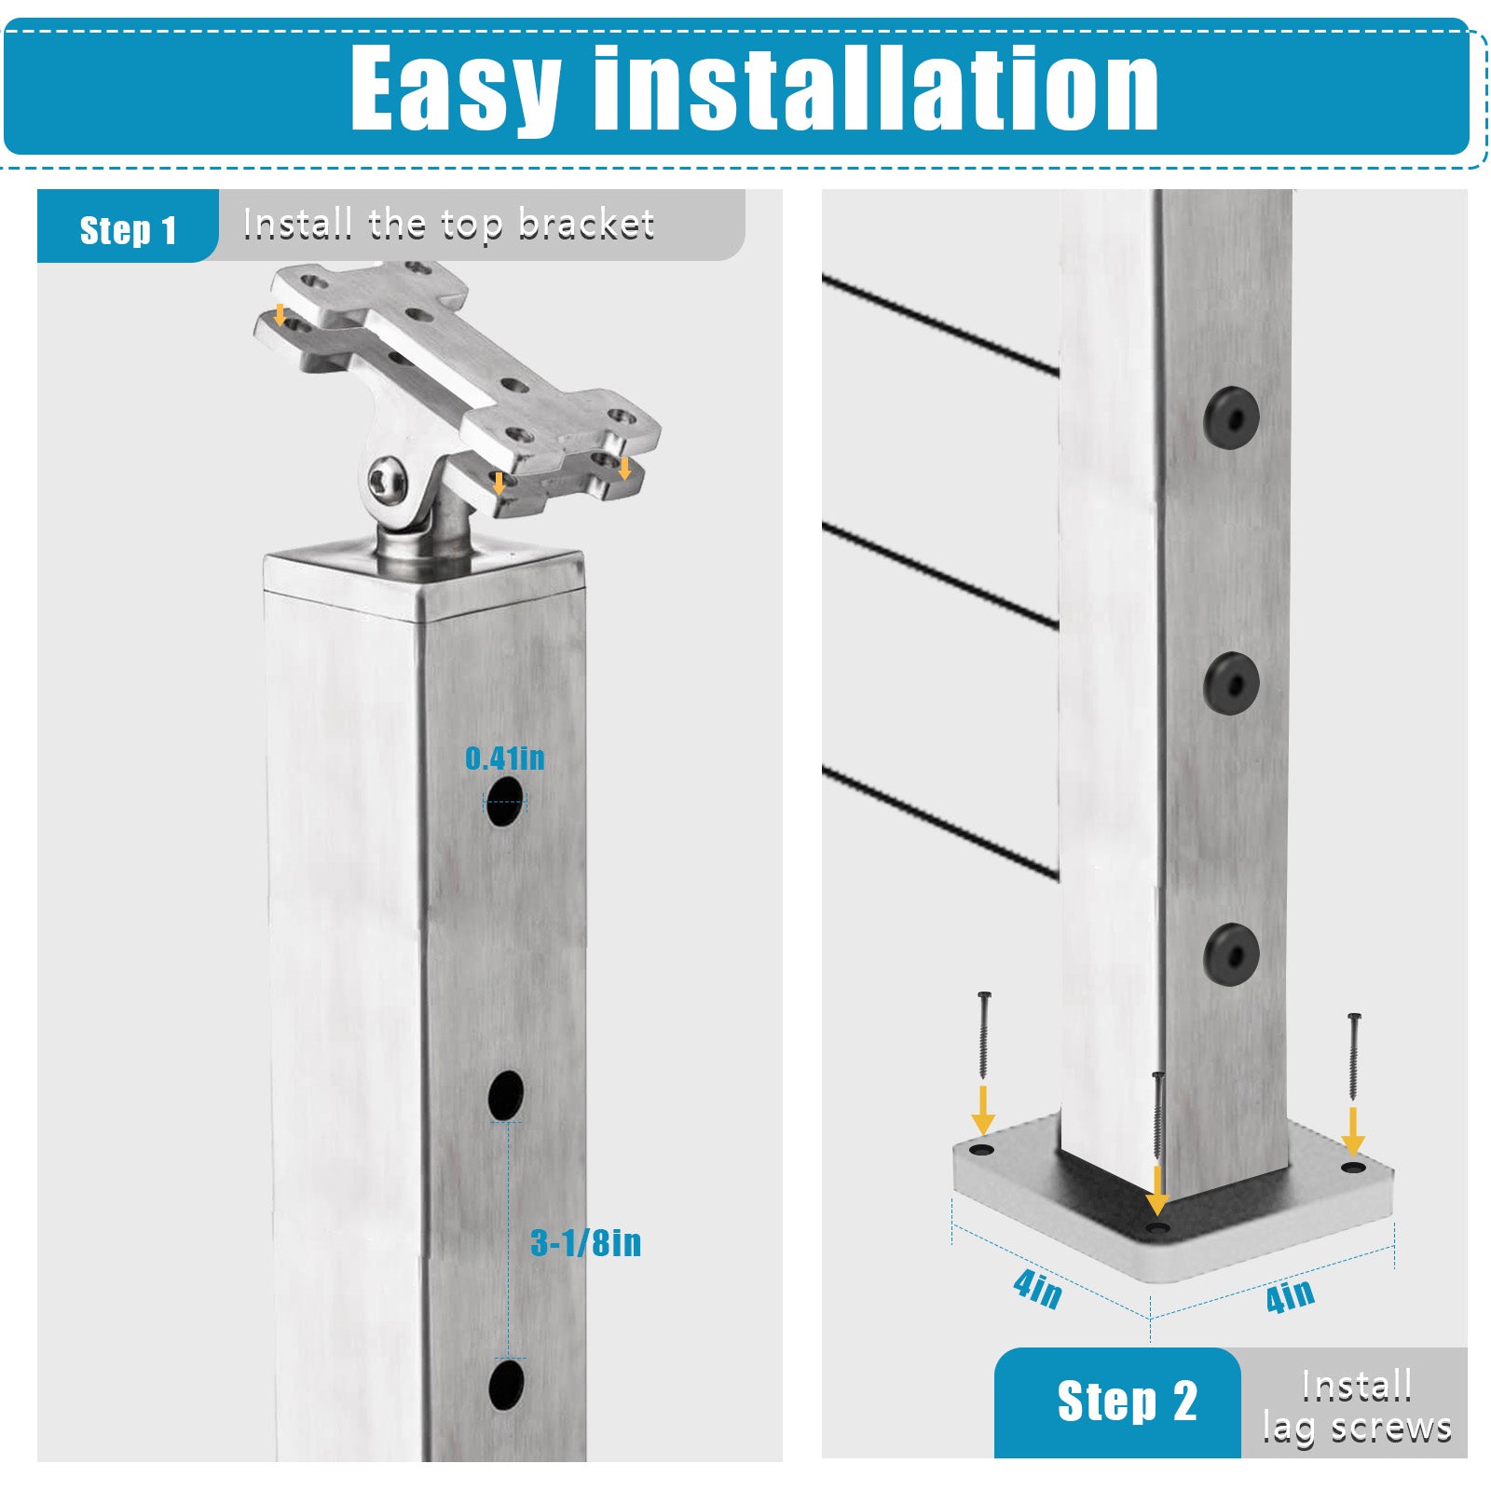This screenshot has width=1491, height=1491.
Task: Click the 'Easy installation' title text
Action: [x=754, y=89]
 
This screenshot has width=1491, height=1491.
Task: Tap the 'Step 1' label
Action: [x=128, y=230]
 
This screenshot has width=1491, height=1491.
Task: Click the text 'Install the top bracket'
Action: [x=448, y=225]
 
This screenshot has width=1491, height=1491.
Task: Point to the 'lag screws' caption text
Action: [x=1356, y=1428]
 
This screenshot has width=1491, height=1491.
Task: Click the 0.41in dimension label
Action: [x=505, y=759]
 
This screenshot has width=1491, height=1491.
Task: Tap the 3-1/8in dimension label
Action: [x=585, y=1243]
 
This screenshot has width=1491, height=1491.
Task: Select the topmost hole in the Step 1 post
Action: [x=504, y=802]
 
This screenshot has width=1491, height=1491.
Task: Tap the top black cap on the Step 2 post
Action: [x=1231, y=417]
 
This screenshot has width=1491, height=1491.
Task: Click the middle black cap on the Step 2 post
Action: [x=1231, y=683]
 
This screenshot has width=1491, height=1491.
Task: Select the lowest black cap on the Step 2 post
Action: [x=1231, y=953]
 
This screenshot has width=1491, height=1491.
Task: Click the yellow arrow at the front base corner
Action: [x=1156, y=1189]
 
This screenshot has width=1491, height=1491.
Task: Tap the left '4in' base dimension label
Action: [x=1037, y=1289]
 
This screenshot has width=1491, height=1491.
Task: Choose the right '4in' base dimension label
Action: [x=1290, y=1294]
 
